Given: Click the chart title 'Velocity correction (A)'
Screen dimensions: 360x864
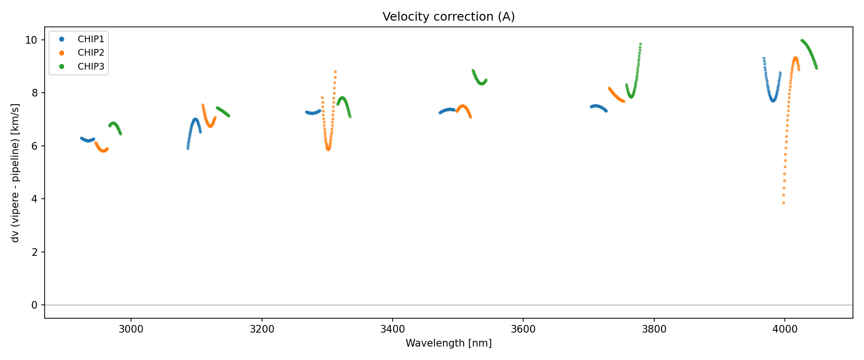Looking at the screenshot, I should pyautogui.click(x=448, y=17).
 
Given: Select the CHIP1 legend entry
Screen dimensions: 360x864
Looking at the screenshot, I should pyautogui.click(x=91, y=39).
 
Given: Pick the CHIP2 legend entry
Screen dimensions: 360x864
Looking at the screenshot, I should pyautogui.click(x=91, y=53).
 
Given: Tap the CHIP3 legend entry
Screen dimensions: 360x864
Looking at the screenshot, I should pyautogui.click(x=91, y=67).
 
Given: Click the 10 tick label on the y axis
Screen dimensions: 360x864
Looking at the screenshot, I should pyautogui.click(x=31, y=40).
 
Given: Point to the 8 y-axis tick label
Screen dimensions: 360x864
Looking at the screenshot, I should pyautogui.click(x=34, y=93).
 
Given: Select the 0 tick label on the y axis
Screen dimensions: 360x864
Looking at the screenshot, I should pyautogui.click(x=34, y=305).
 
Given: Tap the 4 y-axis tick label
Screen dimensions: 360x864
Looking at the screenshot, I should pyautogui.click(x=34, y=199).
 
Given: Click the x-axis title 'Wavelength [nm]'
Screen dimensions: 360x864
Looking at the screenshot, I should pyautogui.click(x=448, y=343).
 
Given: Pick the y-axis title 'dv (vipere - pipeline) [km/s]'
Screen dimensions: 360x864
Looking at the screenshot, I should pyautogui.click(x=15, y=172).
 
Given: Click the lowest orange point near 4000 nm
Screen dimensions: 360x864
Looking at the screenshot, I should pyautogui.click(x=783, y=203).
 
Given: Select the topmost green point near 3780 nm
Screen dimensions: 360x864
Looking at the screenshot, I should pyautogui.click(x=640, y=44).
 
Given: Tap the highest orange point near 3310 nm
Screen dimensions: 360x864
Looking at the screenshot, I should pyautogui.click(x=335, y=72).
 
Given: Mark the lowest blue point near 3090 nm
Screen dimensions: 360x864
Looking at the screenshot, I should pyautogui.click(x=188, y=148).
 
